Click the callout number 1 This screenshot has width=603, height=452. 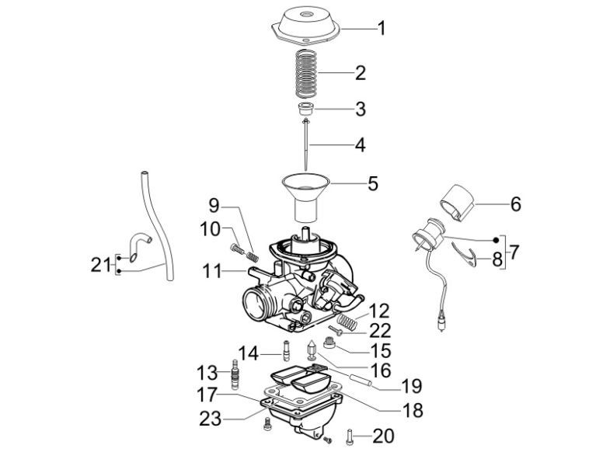pos(381,30)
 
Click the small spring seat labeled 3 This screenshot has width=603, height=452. pos(309,109)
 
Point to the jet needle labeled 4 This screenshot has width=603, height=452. pos(309,144)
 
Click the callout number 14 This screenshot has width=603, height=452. pos(248,353)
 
